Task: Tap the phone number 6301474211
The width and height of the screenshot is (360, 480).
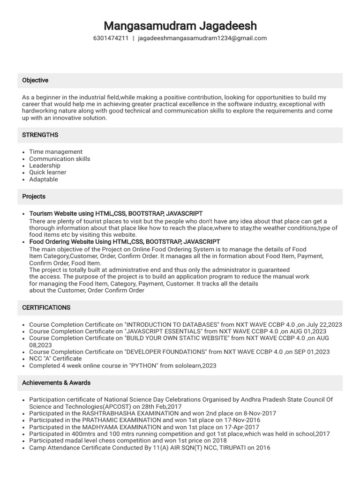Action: tap(111, 38)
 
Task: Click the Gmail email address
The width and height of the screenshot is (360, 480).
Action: tap(202, 38)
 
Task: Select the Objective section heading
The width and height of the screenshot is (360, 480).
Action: tap(35, 81)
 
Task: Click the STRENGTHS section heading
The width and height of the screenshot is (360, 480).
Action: tap(40, 135)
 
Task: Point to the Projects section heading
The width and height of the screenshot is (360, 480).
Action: tap(34, 196)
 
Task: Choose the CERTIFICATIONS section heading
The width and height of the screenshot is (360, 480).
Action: tap(46, 307)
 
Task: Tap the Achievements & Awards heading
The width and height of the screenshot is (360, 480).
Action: tap(56, 383)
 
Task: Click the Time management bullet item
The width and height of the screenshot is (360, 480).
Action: tap(56, 152)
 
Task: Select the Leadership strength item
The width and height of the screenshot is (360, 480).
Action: tap(45, 165)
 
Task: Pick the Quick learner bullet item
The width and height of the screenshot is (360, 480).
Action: tap(48, 172)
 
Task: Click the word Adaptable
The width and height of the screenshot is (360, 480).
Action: tap(44, 180)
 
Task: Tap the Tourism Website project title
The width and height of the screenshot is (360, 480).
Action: tap(116, 214)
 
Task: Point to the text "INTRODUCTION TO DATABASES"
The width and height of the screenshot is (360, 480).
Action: tap(172, 324)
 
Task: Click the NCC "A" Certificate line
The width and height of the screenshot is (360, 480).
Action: tap(55, 359)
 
